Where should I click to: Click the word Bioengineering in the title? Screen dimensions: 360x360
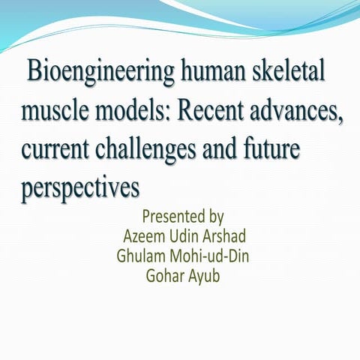tap(94, 75)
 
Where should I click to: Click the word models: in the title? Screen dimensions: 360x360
tap(139, 112)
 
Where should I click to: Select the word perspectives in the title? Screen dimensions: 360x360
tap(81, 184)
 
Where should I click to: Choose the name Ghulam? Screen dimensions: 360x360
tap(142, 255)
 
